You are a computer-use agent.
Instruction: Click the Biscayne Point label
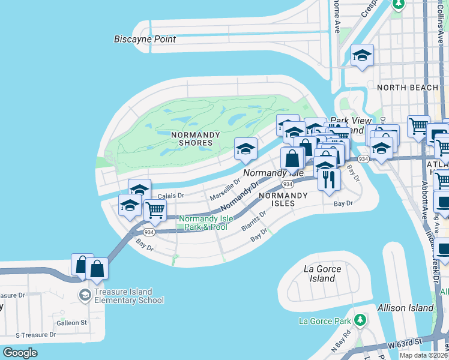tap(145, 39)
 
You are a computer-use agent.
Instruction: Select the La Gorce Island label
tap(323, 274)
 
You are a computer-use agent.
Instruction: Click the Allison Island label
tap(405, 308)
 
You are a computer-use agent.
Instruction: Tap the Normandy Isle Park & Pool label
tap(203, 223)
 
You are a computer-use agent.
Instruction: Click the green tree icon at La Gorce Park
tap(360, 319)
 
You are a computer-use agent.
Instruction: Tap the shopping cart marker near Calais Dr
tap(155, 211)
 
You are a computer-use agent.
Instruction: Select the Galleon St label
tap(73, 323)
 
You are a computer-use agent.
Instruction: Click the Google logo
tap(20, 352)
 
